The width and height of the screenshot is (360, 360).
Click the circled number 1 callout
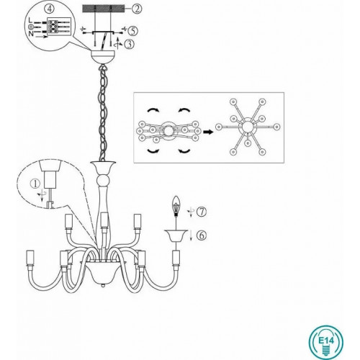click(35, 184)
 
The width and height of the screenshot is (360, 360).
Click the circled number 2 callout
click(137, 9)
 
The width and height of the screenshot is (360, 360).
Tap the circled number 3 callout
click(130, 44)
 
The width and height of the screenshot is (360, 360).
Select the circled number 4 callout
click(49, 9)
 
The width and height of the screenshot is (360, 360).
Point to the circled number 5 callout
click(132, 31)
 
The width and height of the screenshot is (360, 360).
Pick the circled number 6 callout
click(202, 235)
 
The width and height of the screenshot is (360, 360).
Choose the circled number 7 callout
click(202, 212)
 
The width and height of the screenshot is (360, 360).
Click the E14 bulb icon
click(325, 342)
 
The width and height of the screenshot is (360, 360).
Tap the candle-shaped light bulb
click(176, 206)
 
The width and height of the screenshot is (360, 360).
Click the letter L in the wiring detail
click(30, 20)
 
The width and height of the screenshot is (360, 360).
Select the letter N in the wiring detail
click(31, 34)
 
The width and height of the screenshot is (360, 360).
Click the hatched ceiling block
click(104, 9)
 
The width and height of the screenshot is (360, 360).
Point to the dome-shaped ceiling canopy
click(103, 57)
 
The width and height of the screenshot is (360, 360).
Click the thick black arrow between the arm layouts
click(208, 132)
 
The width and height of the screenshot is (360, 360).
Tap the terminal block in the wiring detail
click(59, 27)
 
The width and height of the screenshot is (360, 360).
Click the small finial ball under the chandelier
click(103, 286)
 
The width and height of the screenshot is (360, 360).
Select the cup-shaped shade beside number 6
click(176, 235)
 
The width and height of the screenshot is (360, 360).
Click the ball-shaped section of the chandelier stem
click(104, 180)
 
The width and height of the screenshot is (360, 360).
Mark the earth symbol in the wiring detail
click(30, 27)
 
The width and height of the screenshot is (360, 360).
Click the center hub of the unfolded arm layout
click(248, 127)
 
